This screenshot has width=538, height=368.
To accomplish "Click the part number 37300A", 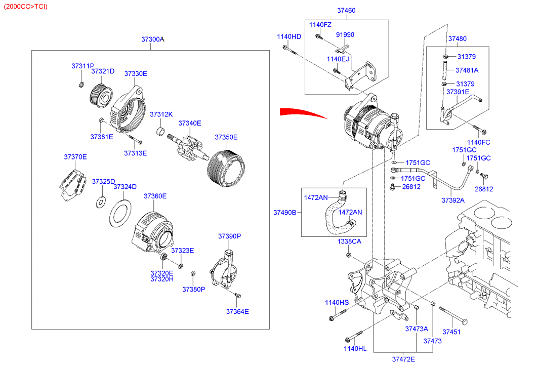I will tap(153, 39).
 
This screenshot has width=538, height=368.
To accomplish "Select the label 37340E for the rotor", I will tap(190, 123).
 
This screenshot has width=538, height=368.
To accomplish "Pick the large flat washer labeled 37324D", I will tap(119, 213).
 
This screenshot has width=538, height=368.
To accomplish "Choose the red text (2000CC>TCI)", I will tap(26, 6).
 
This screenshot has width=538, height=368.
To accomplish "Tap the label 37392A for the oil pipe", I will tap(452, 200).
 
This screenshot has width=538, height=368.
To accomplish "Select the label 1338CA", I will tap(349, 241).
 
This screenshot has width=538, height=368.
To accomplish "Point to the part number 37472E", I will tap(403, 359).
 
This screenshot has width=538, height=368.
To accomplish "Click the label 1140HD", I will tap(288, 36).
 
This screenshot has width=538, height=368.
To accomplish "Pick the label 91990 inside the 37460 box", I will tap(345, 35).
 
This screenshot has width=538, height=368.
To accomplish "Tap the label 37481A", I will tap(467, 70).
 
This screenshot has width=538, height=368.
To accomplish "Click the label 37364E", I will tap(237, 311).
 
